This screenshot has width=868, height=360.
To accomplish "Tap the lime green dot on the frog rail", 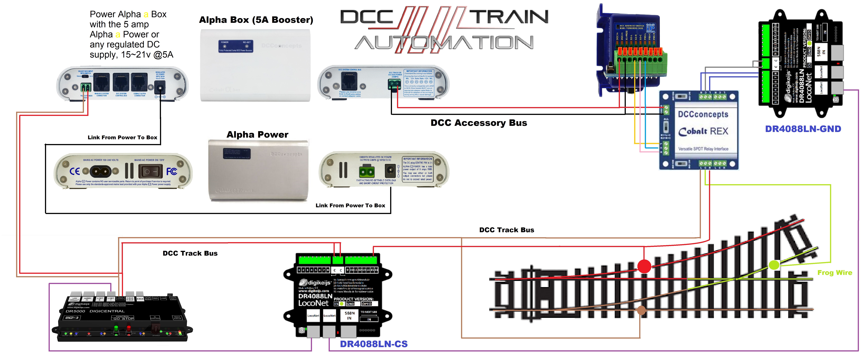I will click(774, 265).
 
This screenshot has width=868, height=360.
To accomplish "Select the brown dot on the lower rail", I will click(641, 310).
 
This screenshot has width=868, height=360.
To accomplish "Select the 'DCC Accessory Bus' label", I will click(478, 123).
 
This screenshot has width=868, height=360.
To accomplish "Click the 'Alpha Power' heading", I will click(257, 135).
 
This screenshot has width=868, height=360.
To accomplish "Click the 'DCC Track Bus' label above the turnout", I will click(506, 230).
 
